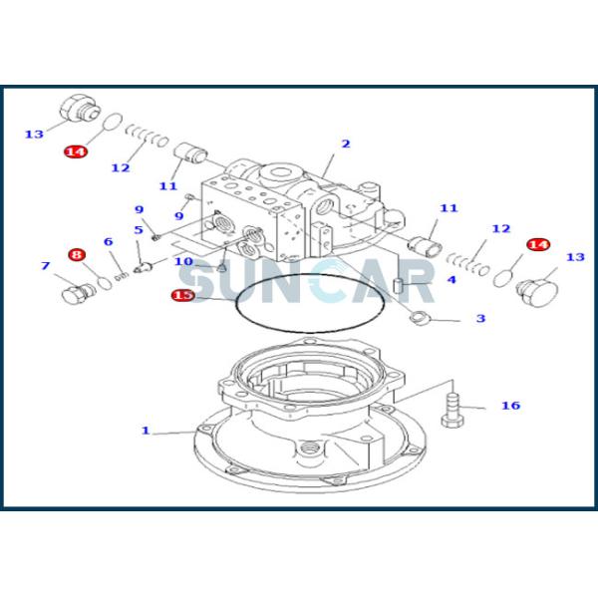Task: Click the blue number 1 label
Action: [x=145, y=431]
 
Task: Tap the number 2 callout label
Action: [x=346, y=144]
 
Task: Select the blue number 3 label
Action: [x=479, y=319]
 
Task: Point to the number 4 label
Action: [x=450, y=280]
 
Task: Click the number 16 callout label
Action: [x=510, y=406]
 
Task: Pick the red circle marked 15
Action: [x=182, y=295]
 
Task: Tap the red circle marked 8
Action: [x=77, y=255]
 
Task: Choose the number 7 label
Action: [x=45, y=266]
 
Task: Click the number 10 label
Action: [x=183, y=261]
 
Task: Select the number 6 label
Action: [x=108, y=241]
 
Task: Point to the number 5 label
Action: [x=139, y=230]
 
